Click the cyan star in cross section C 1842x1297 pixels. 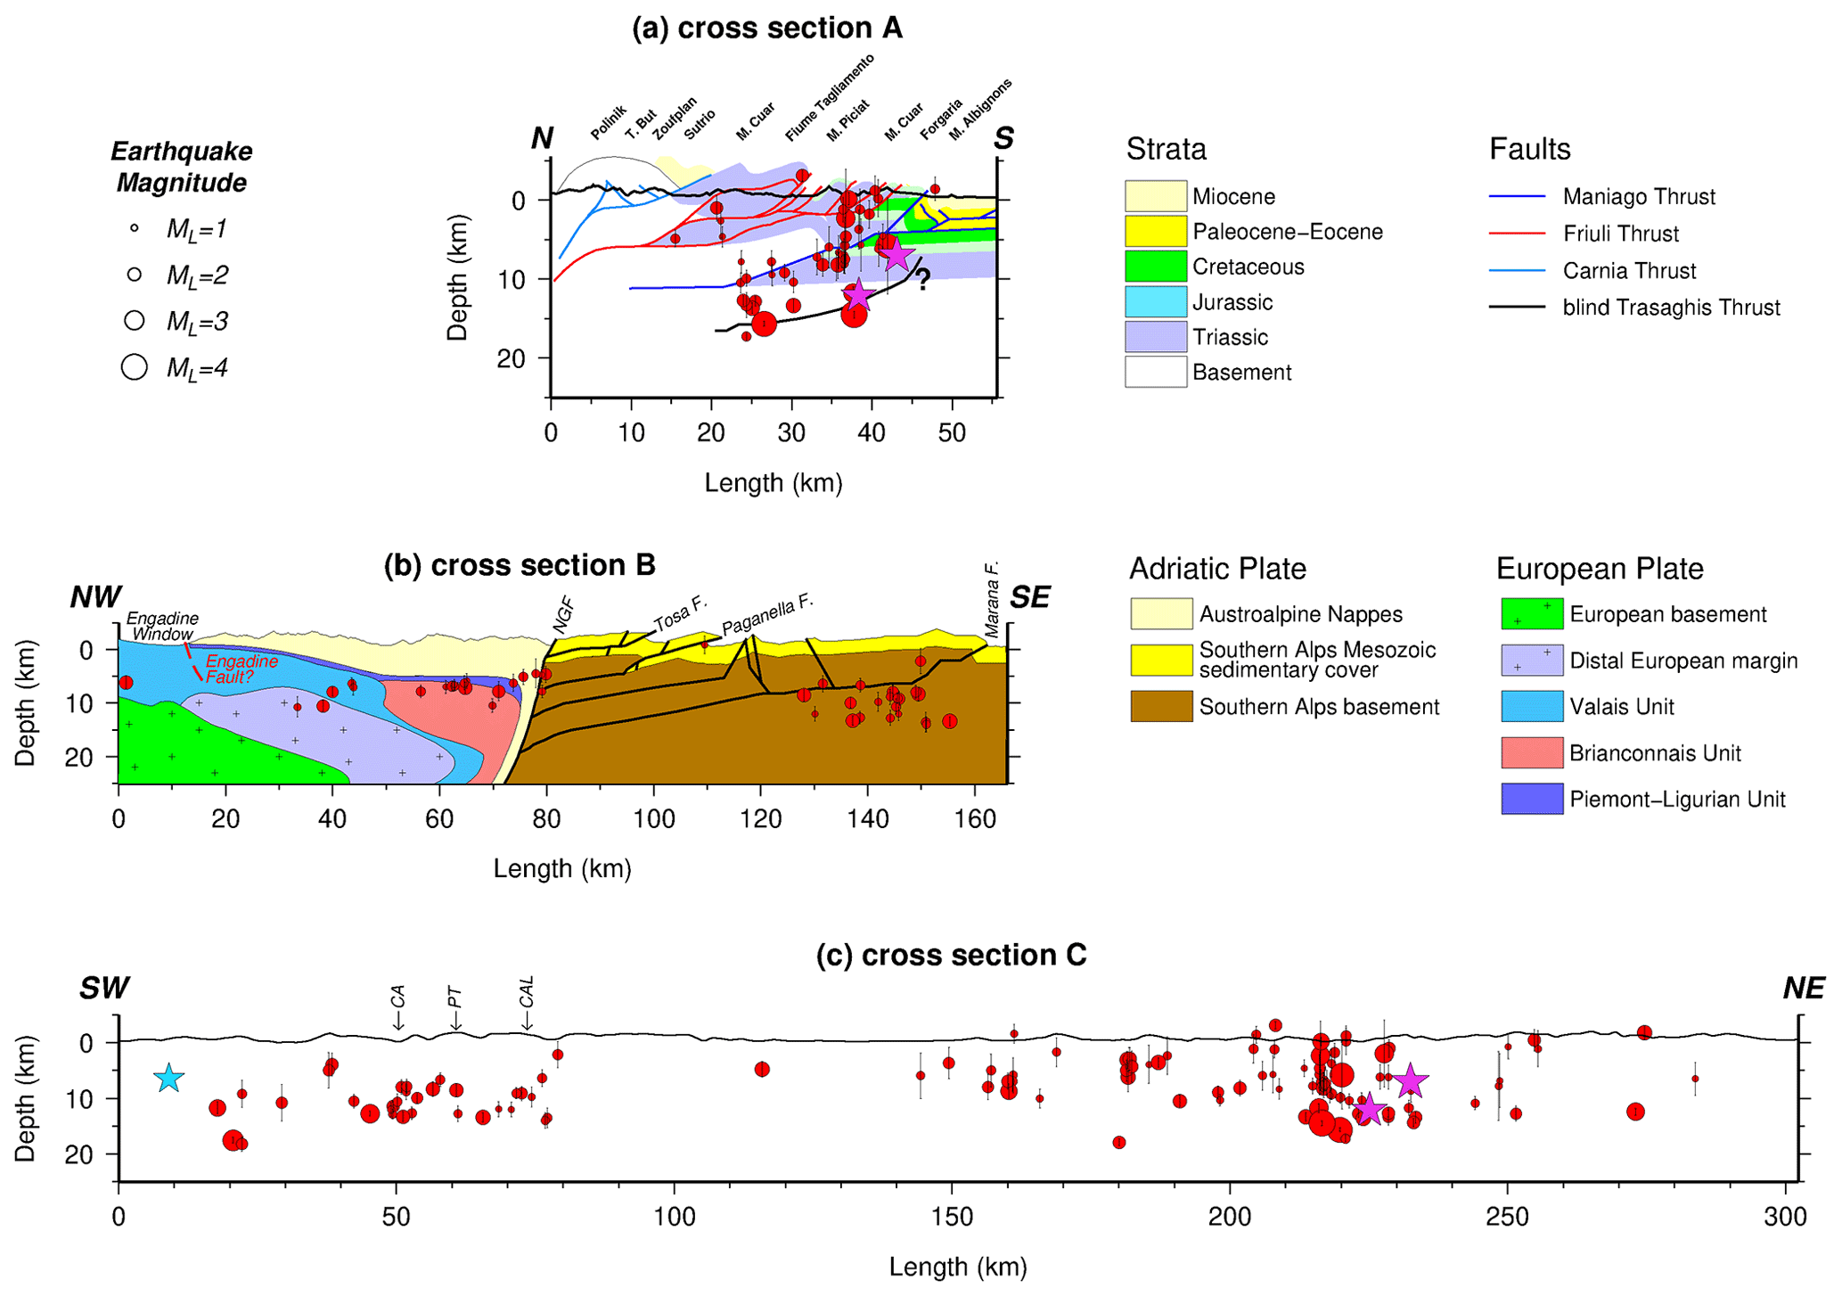(168, 1078)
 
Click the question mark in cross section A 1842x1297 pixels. (923, 279)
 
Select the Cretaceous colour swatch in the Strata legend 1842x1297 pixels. (1155, 267)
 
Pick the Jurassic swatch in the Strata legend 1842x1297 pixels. (1155, 302)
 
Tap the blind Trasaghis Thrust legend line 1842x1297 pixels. (1517, 308)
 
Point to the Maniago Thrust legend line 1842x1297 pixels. (1517, 196)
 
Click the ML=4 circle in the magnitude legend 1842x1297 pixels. (135, 367)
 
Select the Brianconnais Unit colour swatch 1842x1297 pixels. (1531, 753)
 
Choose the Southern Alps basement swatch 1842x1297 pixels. (1161, 707)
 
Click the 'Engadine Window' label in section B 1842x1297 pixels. (162, 626)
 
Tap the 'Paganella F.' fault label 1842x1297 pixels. (767, 615)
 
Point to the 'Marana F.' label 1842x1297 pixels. (992, 599)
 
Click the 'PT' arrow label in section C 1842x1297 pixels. (455, 997)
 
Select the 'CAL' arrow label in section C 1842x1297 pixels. (527, 992)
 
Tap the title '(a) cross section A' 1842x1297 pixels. (766, 29)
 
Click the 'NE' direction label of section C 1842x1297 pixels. (1803, 989)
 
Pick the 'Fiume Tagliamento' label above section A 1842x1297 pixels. (830, 97)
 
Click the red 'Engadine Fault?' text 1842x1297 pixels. (239, 669)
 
